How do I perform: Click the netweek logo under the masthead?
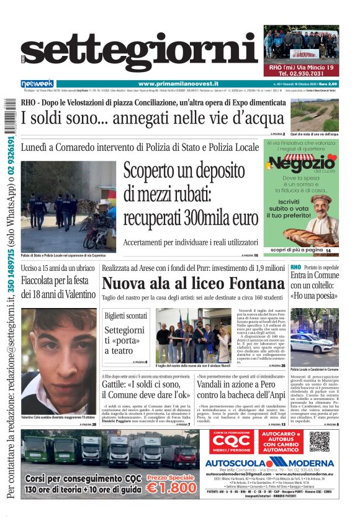click(x=37, y=84)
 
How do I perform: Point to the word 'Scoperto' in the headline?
click(x=151, y=171)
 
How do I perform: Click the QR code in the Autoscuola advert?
click(x=320, y=441)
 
